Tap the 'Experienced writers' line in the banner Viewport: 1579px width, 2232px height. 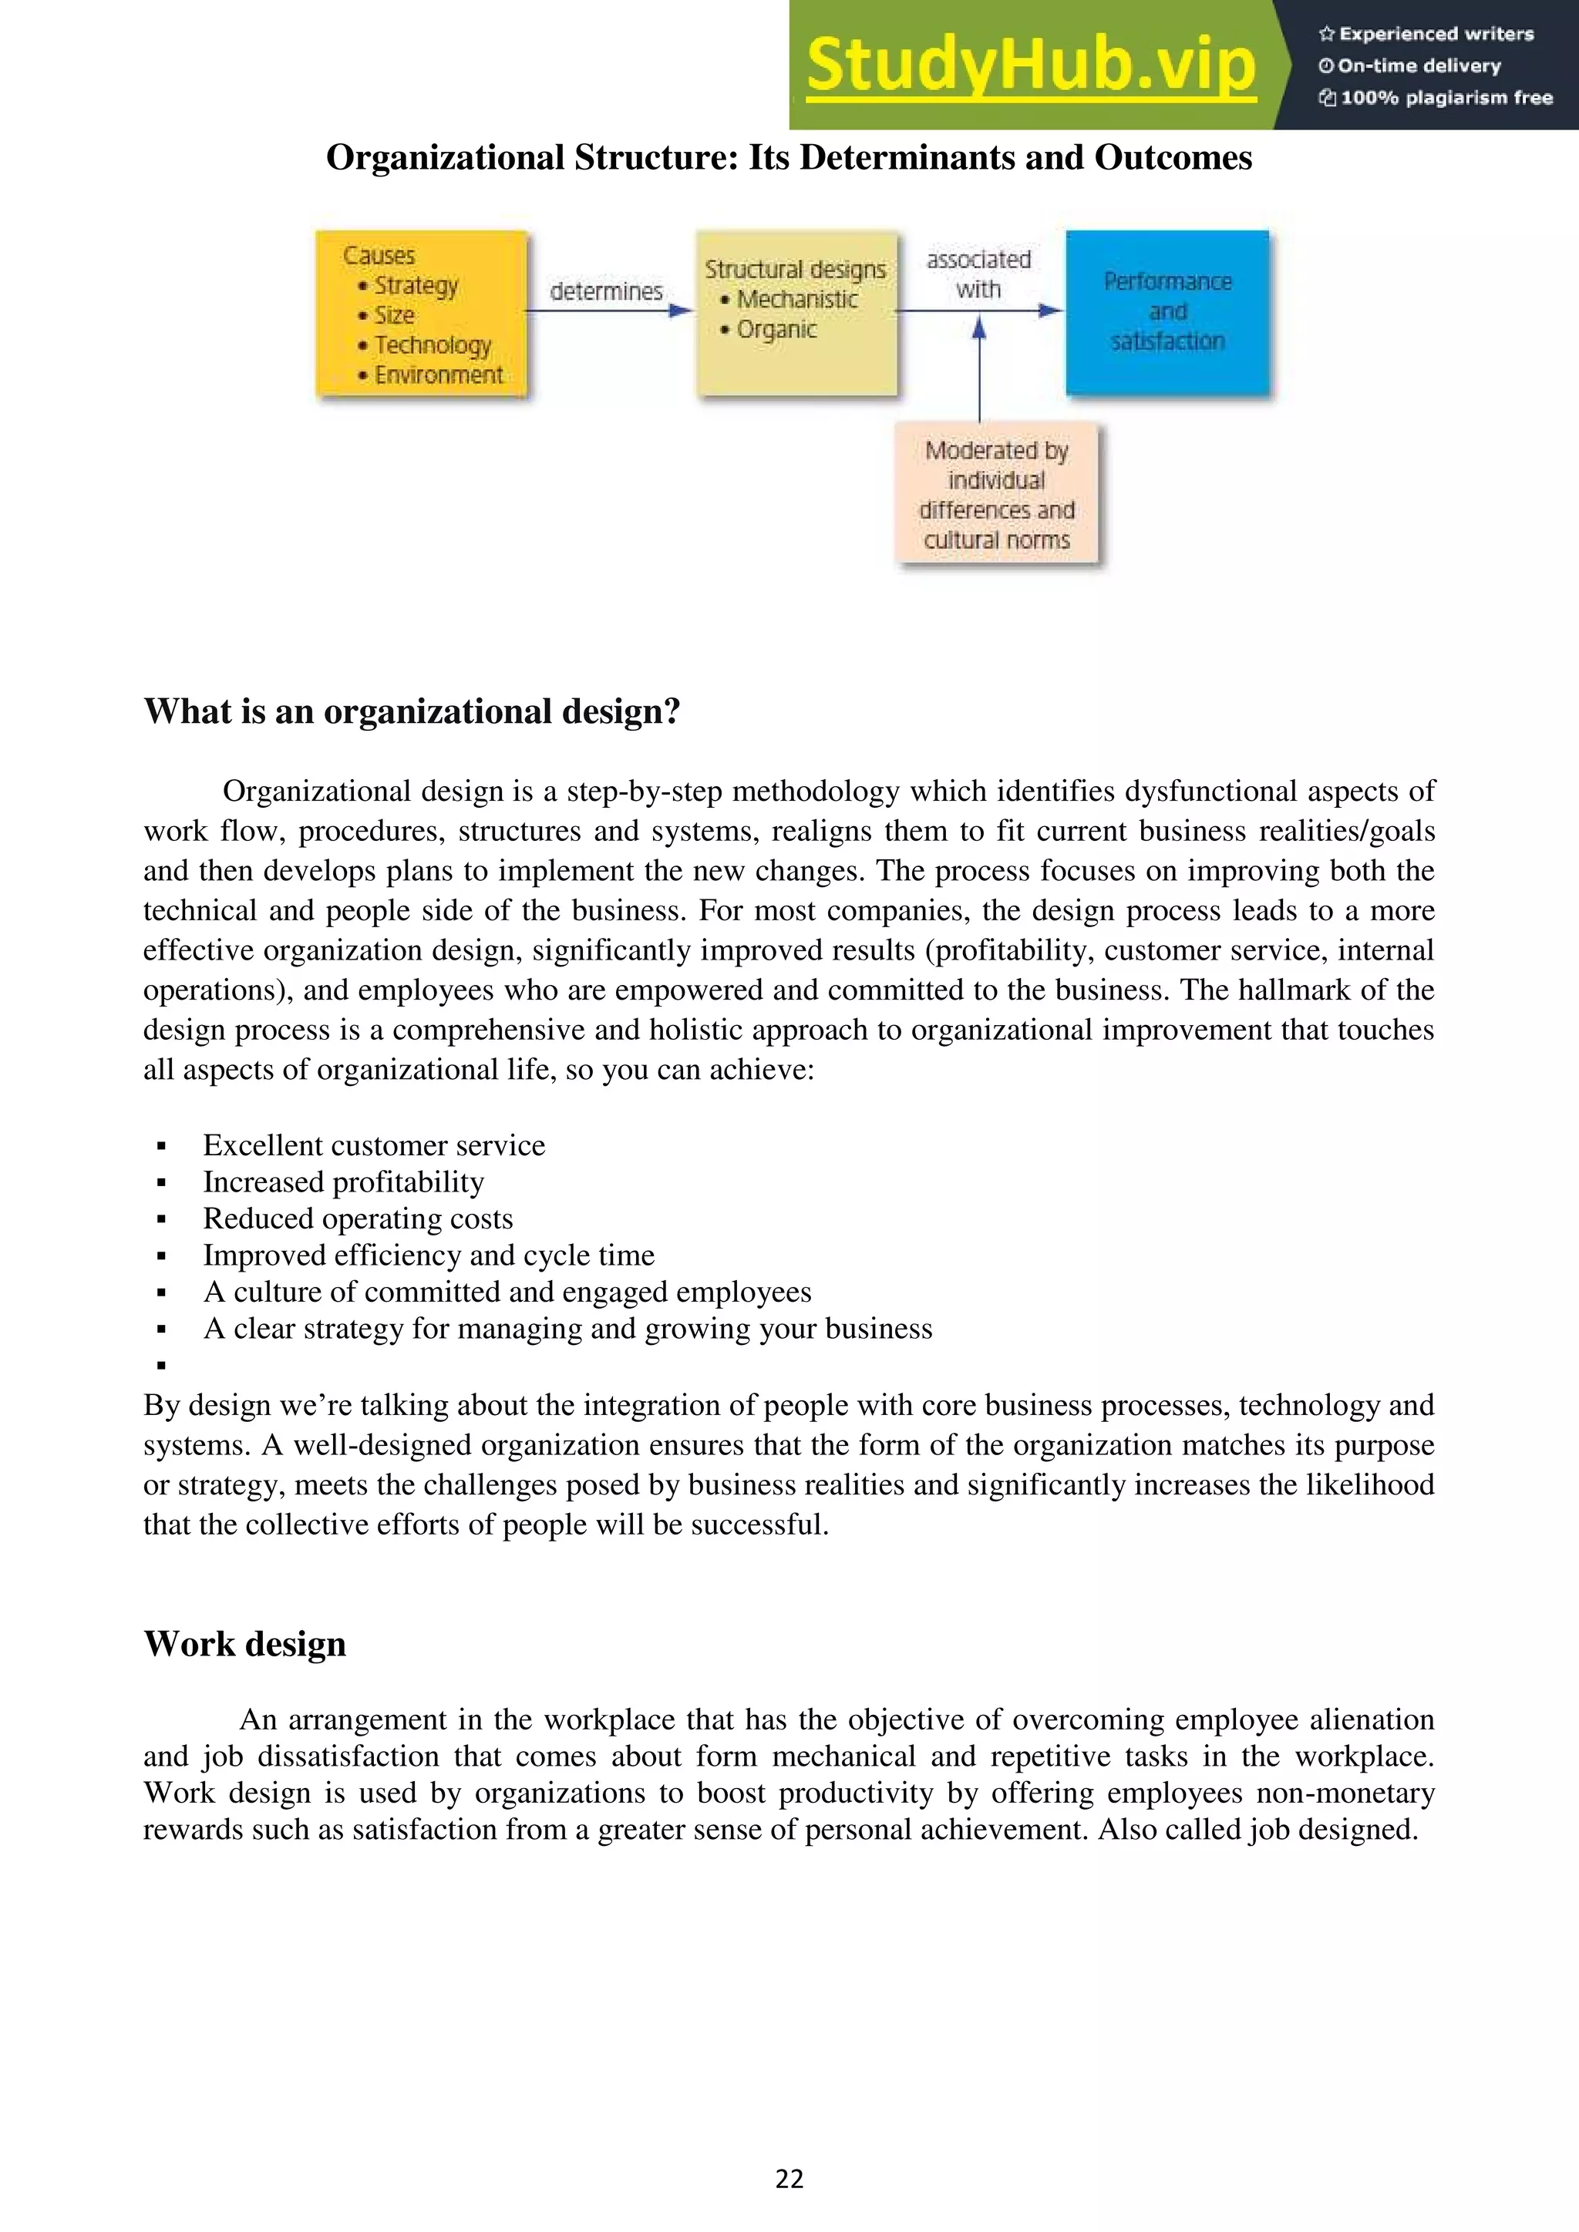pos(1426,34)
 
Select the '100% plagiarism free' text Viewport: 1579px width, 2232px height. pos(1436,98)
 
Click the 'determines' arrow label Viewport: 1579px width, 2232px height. pos(606,291)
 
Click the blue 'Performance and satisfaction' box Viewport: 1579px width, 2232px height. pos(1167,312)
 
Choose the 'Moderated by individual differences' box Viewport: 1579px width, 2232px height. pos(997,495)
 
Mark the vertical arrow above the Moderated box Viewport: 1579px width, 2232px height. pos(979,375)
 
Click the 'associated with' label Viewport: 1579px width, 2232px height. pos(978,274)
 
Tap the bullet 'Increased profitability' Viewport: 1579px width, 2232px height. pos(343,1182)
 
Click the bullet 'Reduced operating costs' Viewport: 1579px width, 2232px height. pos(358,1219)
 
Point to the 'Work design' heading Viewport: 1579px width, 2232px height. pos(245,1644)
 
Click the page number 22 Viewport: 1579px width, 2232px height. pos(789,2179)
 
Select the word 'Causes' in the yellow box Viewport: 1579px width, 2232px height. pos(379,256)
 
